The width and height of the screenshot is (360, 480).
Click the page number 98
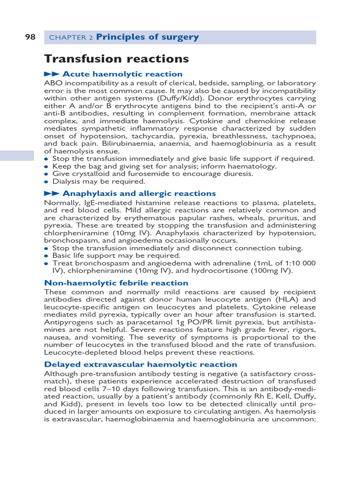click(30, 37)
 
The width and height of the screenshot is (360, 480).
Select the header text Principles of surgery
click(147, 37)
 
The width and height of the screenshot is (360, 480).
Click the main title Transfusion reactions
click(116, 59)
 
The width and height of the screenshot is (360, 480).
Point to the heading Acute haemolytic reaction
click(122, 74)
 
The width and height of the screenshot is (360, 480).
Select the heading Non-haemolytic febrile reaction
click(116, 283)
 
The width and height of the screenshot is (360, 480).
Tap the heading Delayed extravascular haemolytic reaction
click(141, 365)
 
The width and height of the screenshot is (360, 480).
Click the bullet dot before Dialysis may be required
click(46, 182)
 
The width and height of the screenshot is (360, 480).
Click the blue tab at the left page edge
click(17, 156)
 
